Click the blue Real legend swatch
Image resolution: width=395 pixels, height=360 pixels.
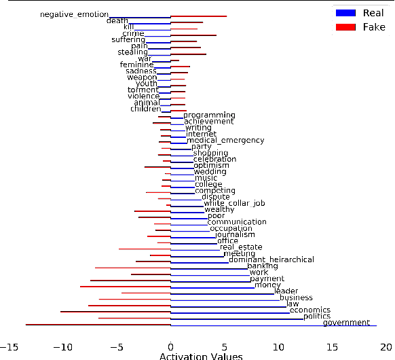click(x=345, y=13)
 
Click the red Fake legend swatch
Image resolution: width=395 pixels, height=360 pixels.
click(x=345, y=26)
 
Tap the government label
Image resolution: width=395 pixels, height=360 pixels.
click(x=346, y=323)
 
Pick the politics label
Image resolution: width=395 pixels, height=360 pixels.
click(x=317, y=317)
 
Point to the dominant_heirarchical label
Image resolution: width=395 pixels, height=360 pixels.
click(x=271, y=259)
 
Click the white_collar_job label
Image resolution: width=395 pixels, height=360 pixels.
click(x=234, y=203)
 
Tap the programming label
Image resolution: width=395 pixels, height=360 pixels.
click(x=209, y=115)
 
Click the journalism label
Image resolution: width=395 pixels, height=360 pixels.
click(x=235, y=234)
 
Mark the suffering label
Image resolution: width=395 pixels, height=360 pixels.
click(x=128, y=39)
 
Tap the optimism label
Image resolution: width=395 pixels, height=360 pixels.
click(x=211, y=165)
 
